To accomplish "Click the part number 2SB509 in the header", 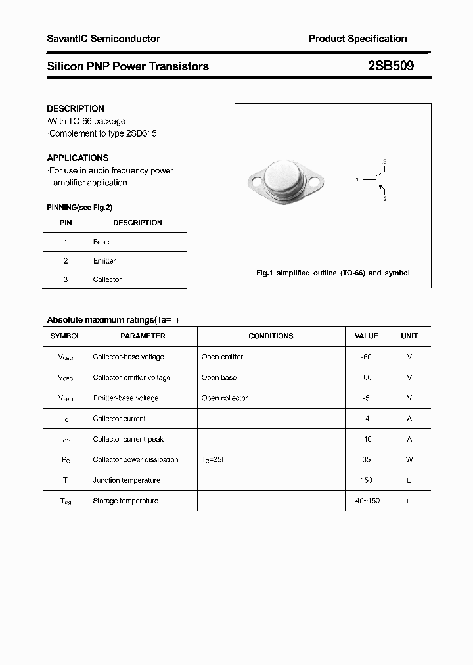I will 391,66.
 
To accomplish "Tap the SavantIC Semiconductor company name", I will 103,39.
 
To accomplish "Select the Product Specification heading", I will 357,39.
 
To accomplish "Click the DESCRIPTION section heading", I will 76,108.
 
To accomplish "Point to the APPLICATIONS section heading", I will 78,158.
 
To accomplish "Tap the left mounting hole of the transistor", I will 254,179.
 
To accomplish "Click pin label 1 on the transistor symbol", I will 357,179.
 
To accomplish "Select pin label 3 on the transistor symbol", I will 384,162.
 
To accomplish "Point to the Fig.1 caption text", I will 332,273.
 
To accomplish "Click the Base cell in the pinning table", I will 101,242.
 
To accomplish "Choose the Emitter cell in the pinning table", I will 104,261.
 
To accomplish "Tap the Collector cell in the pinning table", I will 107,279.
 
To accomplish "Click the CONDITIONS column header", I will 271,336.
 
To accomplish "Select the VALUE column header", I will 366,336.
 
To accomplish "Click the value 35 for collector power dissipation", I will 366,459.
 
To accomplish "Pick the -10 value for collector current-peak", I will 366,439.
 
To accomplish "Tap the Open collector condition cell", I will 225,398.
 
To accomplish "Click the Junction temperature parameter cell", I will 126,480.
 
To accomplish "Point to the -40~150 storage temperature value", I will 366,501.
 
